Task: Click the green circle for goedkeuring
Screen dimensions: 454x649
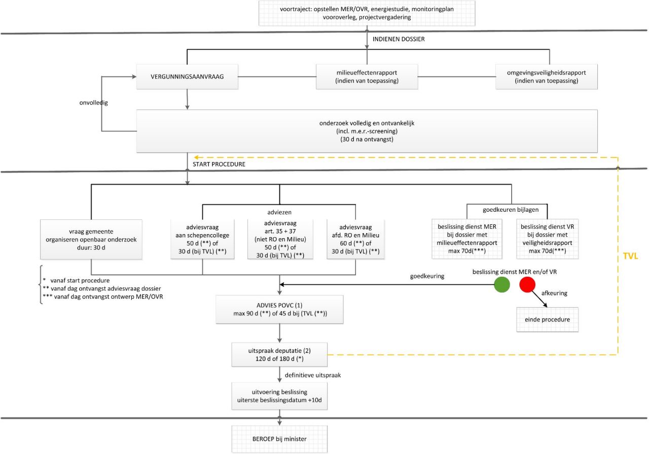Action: [x=501, y=285]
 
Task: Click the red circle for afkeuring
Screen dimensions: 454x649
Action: [x=527, y=285]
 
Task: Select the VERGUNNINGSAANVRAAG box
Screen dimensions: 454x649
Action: [x=187, y=77]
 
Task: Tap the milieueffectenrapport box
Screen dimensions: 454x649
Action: [x=367, y=77]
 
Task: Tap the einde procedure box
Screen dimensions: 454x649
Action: [x=548, y=319]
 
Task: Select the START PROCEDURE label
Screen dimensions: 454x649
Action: [x=219, y=164]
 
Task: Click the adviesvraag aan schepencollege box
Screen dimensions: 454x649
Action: [x=203, y=238]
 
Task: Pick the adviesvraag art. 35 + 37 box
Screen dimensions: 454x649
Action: [x=279, y=238]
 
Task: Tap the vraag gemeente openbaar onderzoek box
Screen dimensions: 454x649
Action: [x=91, y=238]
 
